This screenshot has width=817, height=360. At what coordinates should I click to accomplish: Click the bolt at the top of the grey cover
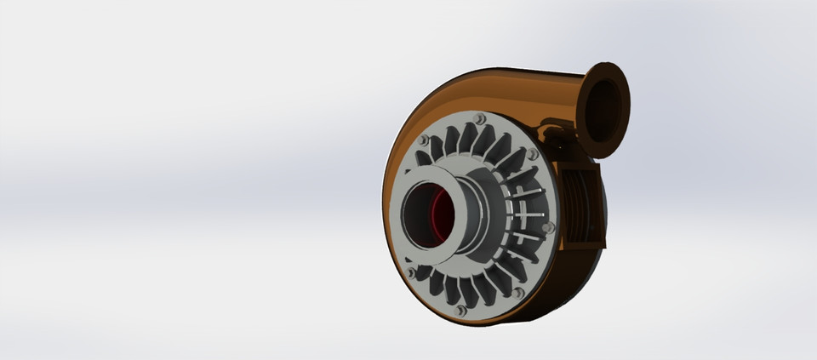coord(478,118)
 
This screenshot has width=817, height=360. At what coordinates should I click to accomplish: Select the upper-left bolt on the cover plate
coord(423,140)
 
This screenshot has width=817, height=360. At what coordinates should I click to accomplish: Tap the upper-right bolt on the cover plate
coord(532,154)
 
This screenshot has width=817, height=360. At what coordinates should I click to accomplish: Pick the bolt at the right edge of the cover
coord(548,227)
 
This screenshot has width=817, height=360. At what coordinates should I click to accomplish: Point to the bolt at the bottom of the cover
coord(461,311)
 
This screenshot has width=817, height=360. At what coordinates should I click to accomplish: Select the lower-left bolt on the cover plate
coord(411,272)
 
